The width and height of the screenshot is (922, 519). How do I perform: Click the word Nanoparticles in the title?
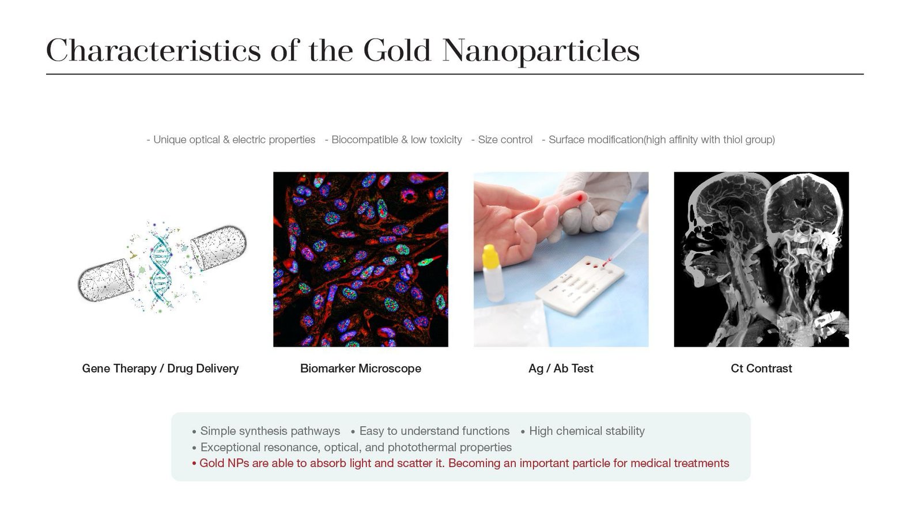point(541,51)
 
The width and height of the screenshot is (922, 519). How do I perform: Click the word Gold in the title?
point(397,50)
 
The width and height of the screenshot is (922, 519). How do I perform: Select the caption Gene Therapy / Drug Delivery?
point(160,368)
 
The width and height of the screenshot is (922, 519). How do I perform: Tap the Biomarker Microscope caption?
point(361,368)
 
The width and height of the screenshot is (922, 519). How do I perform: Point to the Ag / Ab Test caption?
point(561,368)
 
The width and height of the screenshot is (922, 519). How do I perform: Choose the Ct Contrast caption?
point(761,368)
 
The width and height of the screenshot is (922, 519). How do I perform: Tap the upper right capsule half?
point(218,247)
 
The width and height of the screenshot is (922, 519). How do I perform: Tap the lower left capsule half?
point(106,280)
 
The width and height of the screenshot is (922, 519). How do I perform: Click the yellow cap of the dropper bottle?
point(490,256)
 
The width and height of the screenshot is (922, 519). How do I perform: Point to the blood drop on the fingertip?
point(580,198)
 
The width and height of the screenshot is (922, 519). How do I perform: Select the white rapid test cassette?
point(580,285)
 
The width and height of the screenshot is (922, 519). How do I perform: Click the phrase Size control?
point(505,140)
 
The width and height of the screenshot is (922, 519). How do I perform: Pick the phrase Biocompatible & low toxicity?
point(396,140)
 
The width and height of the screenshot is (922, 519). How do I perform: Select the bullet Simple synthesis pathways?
point(270,431)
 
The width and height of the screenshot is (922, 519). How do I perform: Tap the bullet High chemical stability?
point(587,431)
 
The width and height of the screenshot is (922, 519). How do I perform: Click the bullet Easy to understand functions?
point(434,431)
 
